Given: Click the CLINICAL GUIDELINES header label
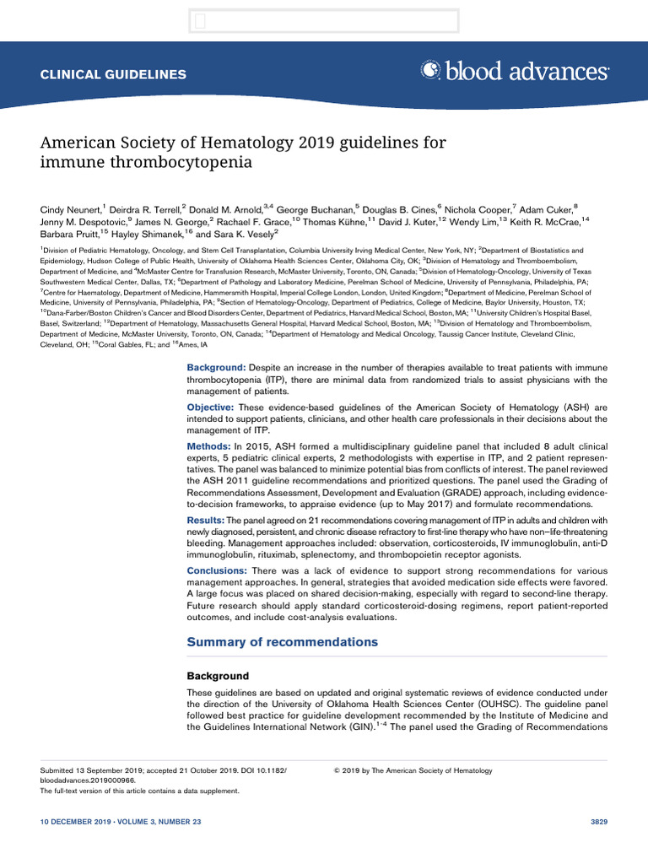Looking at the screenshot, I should (114, 74).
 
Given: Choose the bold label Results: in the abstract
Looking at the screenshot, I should (209, 521).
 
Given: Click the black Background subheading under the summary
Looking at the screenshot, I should (218, 676).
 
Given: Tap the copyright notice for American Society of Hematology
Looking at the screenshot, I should (413, 770).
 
